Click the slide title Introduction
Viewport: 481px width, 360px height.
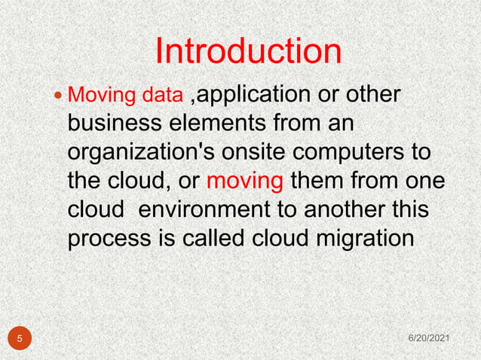(248, 51)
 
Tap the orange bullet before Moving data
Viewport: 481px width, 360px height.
(60, 96)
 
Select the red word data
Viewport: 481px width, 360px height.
(165, 96)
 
